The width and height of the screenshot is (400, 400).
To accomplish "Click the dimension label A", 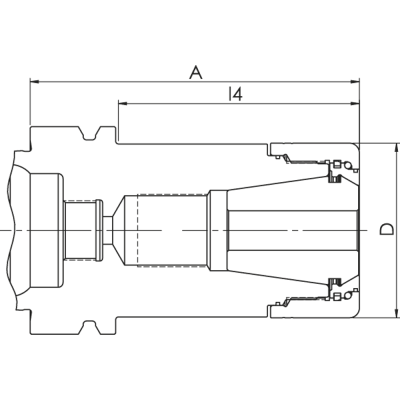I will click(x=195, y=73).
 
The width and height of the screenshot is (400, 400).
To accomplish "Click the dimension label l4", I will click(x=234, y=94).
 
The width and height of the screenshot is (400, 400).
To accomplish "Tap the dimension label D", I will click(x=385, y=229).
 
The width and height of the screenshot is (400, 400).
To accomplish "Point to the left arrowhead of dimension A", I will click(x=33, y=81).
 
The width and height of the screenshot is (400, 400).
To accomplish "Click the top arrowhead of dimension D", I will click(x=397, y=146).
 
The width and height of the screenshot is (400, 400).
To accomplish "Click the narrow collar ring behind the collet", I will click(x=217, y=229).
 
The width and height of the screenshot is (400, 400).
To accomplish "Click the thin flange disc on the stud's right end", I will click(x=99, y=229).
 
